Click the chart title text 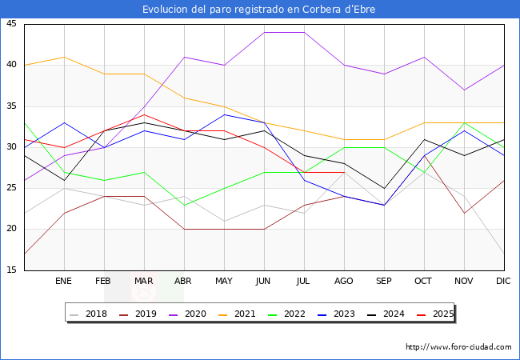[259, 10]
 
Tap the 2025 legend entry [442, 314]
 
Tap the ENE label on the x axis [64, 282]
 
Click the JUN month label [264, 282]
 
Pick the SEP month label [384, 282]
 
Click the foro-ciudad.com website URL [458, 347]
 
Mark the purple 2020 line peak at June [264, 32]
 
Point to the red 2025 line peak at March [144, 114]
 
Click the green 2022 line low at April [184, 205]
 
